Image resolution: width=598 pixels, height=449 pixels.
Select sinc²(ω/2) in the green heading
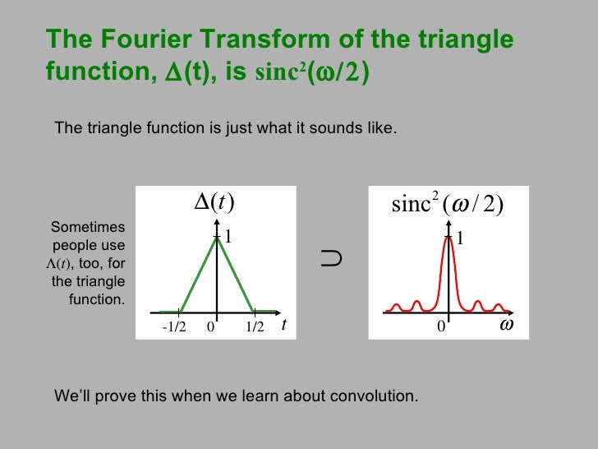click(313, 73)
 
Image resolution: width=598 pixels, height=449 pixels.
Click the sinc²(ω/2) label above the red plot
click(447, 204)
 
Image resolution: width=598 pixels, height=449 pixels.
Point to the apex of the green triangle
click(217, 238)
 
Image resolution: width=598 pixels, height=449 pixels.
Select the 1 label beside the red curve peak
click(461, 238)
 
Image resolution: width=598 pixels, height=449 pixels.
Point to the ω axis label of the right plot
click(507, 325)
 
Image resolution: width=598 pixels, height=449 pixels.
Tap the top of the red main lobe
click(448, 238)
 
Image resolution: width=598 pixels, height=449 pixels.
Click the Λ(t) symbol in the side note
click(58, 264)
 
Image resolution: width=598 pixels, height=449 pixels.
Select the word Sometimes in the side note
click(88, 228)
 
